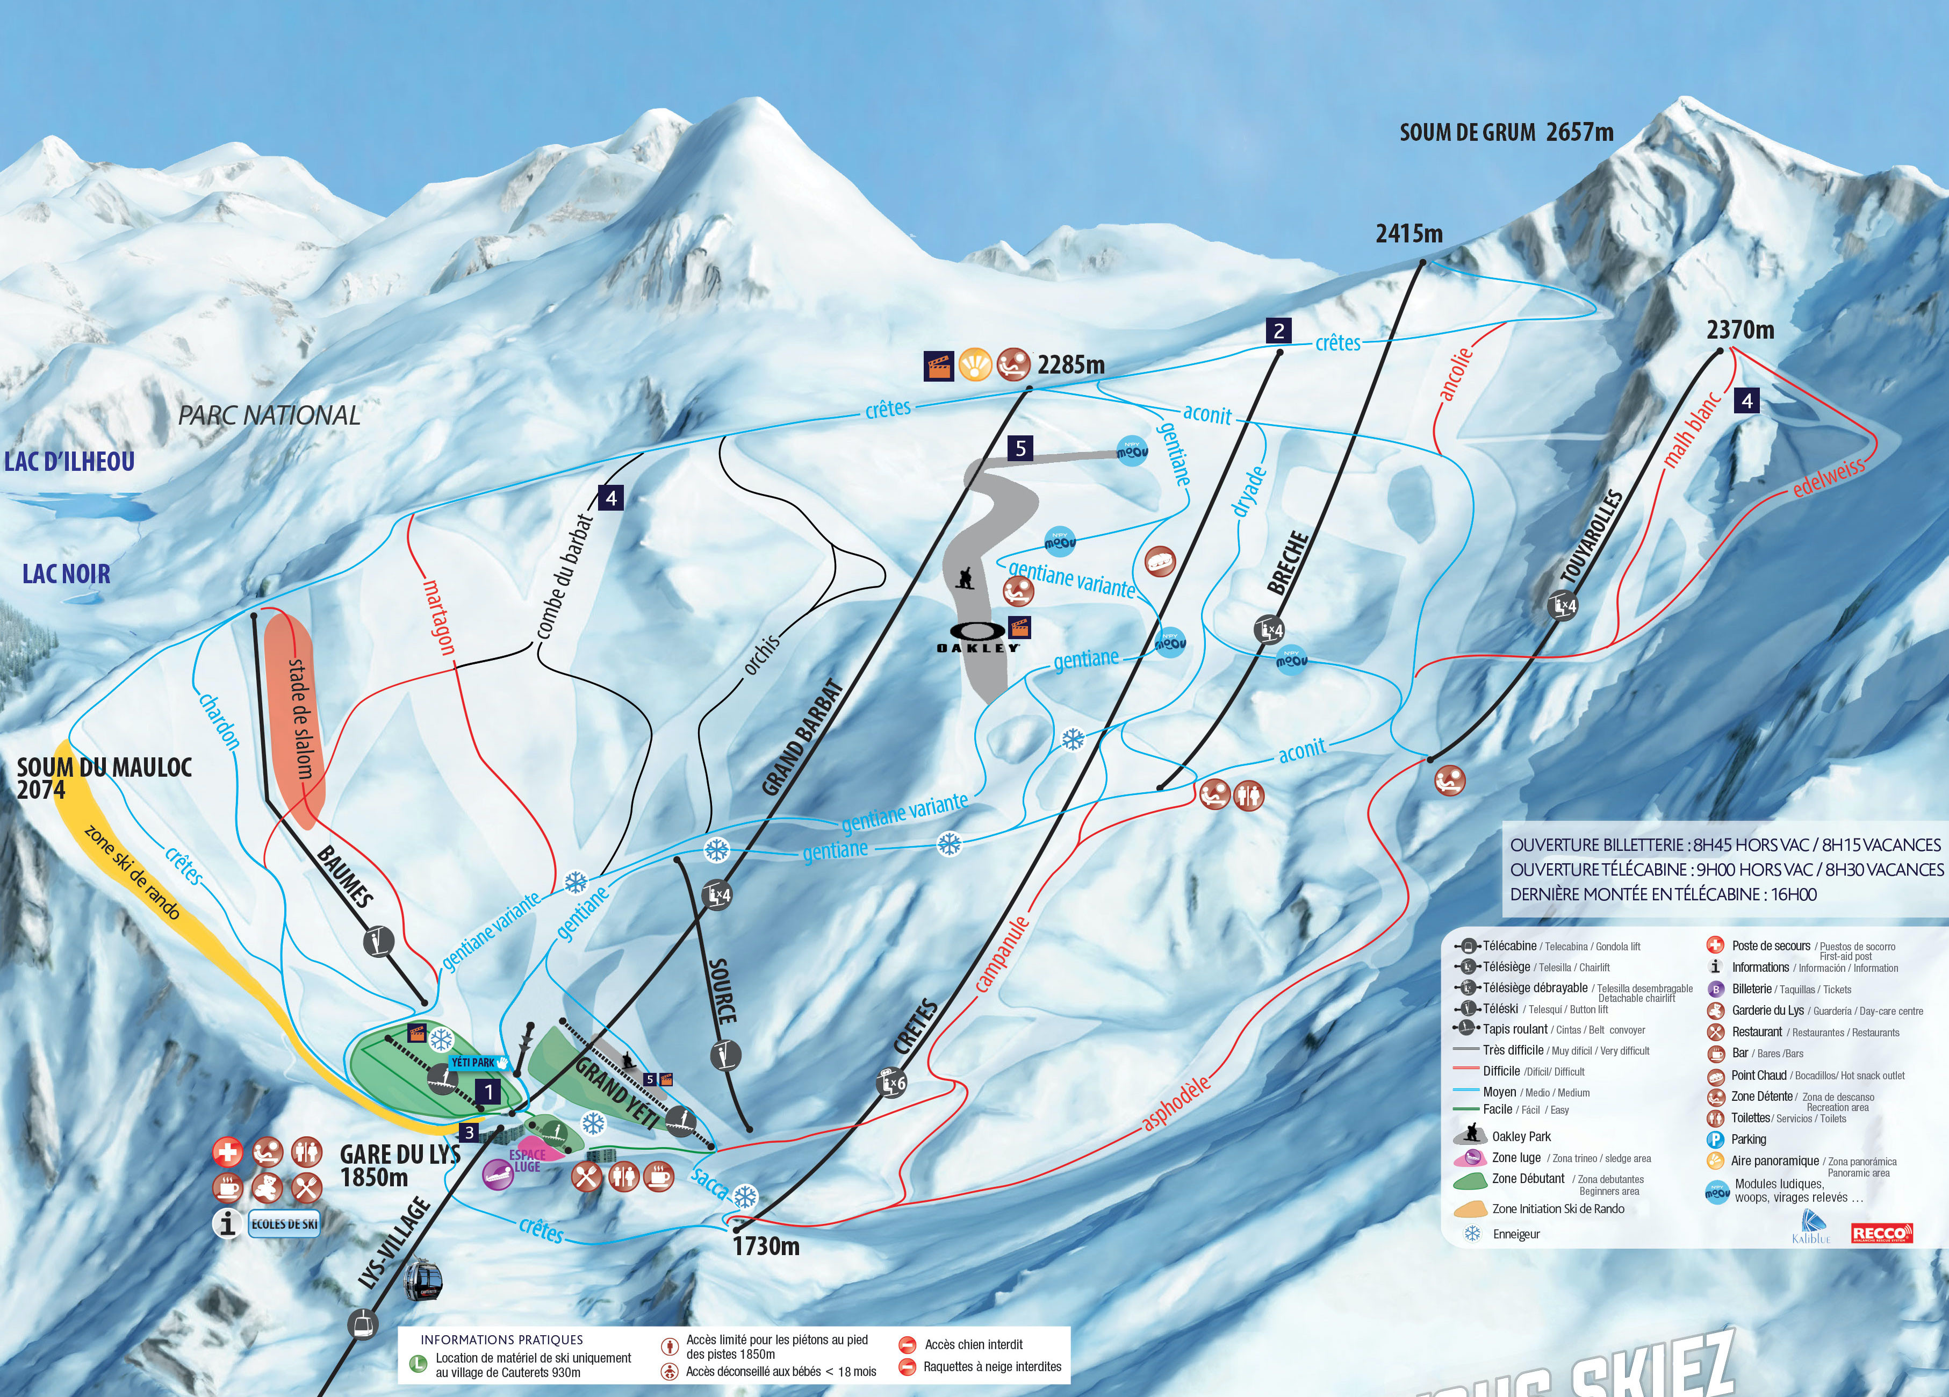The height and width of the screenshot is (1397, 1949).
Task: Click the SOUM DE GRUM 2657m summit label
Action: coord(1506,132)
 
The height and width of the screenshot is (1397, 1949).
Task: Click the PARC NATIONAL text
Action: coord(269,415)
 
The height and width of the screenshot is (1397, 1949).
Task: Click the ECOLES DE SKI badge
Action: coord(284,1224)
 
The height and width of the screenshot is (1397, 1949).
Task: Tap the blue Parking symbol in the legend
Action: coord(1715,1139)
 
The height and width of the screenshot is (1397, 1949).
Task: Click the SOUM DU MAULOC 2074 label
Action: coord(103,778)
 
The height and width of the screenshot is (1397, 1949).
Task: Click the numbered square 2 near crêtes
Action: coord(1279,331)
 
